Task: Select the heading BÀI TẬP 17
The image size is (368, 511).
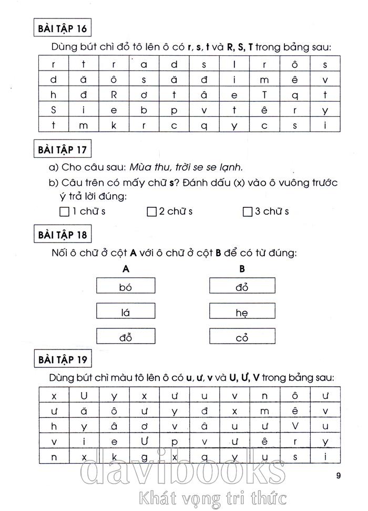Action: coord(63,149)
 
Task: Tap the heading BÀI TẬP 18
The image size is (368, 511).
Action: coord(63,234)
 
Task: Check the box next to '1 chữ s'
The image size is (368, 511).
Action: coord(65,212)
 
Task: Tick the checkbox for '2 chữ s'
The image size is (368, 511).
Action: coord(152,212)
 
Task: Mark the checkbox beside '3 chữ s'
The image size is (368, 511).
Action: coord(248,212)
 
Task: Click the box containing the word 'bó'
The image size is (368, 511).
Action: coord(126,286)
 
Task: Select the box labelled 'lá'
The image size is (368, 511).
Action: coord(126,312)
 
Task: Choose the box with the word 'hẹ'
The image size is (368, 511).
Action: coord(242,312)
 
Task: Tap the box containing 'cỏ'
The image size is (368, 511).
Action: coord(242,337)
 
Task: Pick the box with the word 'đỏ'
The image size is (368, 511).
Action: coord(242,286)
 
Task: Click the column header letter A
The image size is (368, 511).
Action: coord(126,269)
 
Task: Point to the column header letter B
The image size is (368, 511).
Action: coord(242,269)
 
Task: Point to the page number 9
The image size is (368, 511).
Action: coord(339,477)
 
